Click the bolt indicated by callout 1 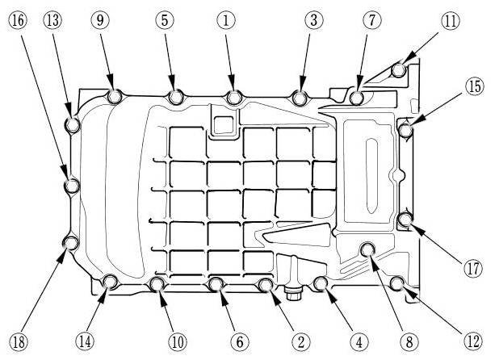(234, 98)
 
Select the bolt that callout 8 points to (368, 249)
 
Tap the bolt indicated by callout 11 (398, 71)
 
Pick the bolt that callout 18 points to (71, 242)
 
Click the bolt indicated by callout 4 (320, 283)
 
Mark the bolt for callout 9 (114, 98)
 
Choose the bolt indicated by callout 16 (71, 186)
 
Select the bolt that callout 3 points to (300, 98)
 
